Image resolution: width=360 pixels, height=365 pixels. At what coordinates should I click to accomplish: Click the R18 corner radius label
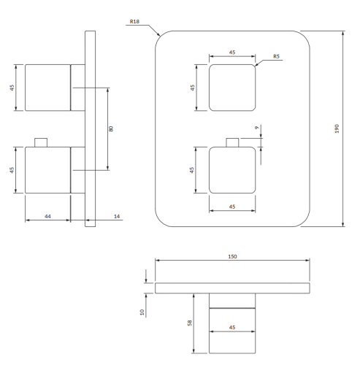coord(134,22)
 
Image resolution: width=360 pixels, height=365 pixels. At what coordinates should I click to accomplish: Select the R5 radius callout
coord(277,56)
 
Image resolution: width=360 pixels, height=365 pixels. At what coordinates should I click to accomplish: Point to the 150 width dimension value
coord(232,257)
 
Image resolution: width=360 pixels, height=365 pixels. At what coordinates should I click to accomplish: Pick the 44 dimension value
coord(47,217)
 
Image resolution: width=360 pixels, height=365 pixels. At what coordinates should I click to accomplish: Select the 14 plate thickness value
coord(118,217)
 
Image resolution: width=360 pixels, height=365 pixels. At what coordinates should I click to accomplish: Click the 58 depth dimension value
coord(188,323)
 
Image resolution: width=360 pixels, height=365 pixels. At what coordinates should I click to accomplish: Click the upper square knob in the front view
coord(232,87)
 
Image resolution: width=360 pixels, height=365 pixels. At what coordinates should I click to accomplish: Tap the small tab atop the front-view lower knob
coord(232,142)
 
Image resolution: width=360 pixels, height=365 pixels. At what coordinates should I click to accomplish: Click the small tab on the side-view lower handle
coord(42,141)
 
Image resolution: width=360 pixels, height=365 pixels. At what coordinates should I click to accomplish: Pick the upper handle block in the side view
coord(47,87)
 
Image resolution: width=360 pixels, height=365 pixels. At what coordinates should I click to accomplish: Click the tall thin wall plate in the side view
coord(91,128)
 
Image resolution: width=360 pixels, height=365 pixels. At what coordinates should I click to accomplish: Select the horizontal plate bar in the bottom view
coord(232,288)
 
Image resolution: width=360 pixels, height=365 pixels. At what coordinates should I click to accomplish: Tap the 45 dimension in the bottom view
coord(232,327)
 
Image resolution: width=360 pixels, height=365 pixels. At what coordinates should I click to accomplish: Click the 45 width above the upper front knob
coord(232,52)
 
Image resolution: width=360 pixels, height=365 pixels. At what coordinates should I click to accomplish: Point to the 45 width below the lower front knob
coord(232,207)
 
